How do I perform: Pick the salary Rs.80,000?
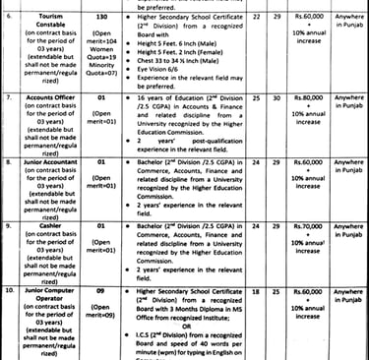(303, 100)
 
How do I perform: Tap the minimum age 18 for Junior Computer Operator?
(258, 292)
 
